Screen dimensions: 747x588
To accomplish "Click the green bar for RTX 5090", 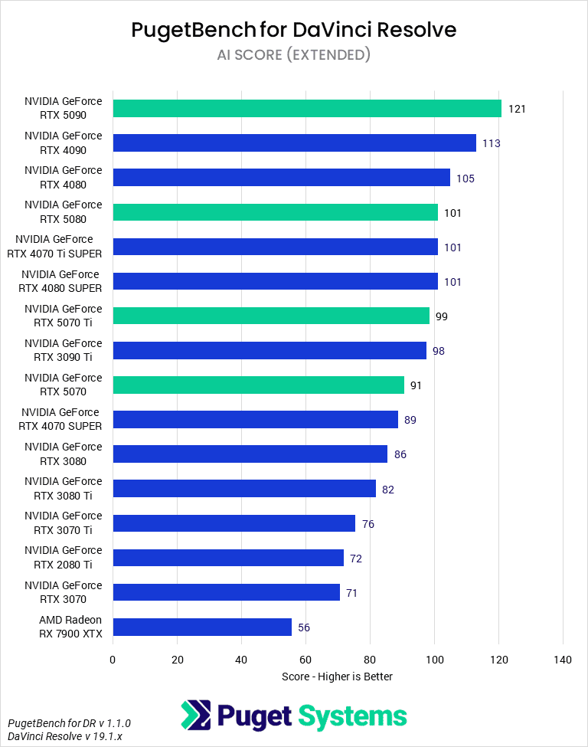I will (306, 108).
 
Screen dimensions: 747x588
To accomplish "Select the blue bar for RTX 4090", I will (294, 143).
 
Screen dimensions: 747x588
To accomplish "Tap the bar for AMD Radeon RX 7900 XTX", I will (202, 627).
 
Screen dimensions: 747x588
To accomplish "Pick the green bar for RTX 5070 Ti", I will (271, 316).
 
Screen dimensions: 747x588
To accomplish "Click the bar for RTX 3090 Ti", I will (269, 350).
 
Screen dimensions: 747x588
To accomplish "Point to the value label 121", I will (517, 109).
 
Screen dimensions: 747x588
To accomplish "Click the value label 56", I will (304, 627).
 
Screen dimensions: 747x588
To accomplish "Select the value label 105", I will (465, 179).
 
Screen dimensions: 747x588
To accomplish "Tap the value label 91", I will (416, 385).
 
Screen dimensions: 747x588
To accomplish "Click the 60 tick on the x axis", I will (305, 660).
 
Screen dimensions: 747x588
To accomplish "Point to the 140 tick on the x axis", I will (563, 660).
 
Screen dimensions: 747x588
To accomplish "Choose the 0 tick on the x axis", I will (113, 660).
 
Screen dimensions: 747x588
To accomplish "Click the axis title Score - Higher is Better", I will (337, 676).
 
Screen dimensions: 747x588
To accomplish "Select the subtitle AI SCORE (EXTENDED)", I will (293, 54).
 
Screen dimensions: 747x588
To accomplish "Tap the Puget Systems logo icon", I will (196, 716).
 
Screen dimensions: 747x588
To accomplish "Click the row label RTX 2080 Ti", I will (63, 558).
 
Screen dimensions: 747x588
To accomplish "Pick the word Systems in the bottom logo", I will (351, 716).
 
